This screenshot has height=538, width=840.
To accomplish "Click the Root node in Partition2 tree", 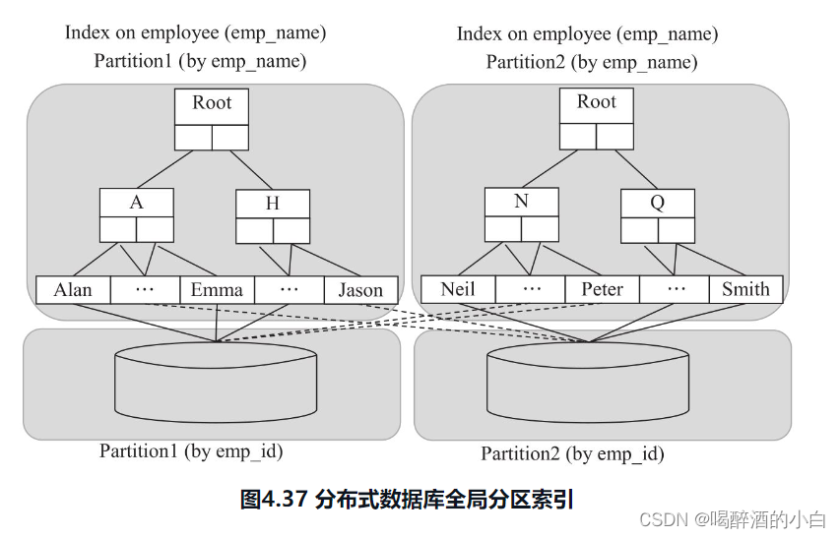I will [x=597, y=103].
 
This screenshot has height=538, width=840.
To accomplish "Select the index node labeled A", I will [x=136, y=203].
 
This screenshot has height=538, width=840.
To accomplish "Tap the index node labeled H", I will [x=273, y=204].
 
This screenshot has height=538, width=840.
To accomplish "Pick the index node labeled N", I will [x=521, y=202].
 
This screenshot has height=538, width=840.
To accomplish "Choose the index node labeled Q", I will [x=657, y=203].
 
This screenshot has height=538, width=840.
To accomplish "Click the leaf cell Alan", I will [x=73, y=290].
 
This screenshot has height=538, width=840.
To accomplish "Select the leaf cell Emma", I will [x=217, y=290].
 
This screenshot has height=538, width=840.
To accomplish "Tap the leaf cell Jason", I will [x=360, y=290].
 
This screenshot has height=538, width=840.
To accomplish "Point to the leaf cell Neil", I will [x=458, y=289].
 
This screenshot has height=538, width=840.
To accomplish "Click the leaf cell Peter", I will [x=602, y=289].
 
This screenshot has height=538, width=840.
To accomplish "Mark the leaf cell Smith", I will [x=745, y=289].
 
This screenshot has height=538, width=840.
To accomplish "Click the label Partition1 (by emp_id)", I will [x=191, y=451].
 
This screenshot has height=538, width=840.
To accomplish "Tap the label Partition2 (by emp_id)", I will [x=572, y=454].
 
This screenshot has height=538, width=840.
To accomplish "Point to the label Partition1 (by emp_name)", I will [x=200, y=61].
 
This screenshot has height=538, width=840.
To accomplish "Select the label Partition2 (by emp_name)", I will [x=592, y=62].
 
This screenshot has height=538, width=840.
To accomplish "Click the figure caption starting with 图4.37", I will [x=407, y=499].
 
